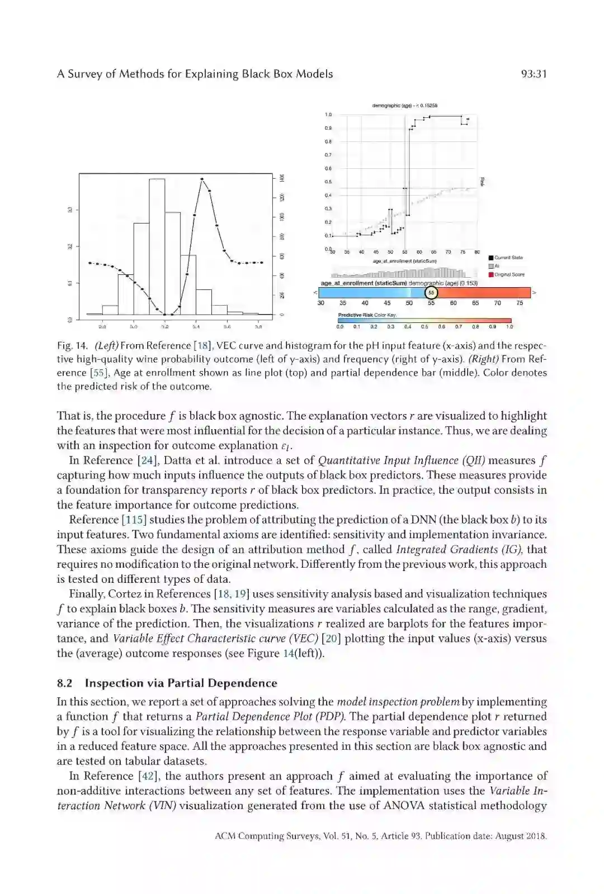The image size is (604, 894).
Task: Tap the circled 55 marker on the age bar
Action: (431, 292)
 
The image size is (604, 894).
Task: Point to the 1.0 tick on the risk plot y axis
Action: (328, 115)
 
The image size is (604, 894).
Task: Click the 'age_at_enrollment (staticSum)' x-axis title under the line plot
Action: (405, 261)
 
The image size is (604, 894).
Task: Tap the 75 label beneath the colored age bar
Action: (520, 303)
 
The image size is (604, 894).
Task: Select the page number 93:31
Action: (533, 74)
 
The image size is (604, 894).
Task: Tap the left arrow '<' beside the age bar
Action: (315, 292)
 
